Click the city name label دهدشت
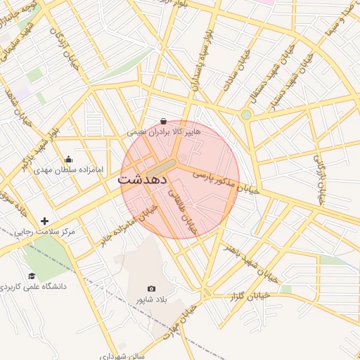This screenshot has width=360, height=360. pyautogui.click(x=142, y=179)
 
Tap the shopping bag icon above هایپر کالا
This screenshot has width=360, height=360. pyautogui.click(x=164, y=121)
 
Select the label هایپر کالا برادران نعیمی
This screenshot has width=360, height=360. pyautogui.click(x=164, y=131)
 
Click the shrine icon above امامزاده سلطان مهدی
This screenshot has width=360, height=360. pyautogui.click(x=68, y=159)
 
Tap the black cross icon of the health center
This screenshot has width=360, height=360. pyautogui.click(x=45, y=221)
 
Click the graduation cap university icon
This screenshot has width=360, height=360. pyautogui.click(x=32, y=276)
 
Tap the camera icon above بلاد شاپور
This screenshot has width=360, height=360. pyautogui.click(x=151, y=288)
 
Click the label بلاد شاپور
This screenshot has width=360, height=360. pyautogui.click(x=153, y=300)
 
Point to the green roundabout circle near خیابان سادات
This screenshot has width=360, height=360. pyautogui.click(x=246, y=115)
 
